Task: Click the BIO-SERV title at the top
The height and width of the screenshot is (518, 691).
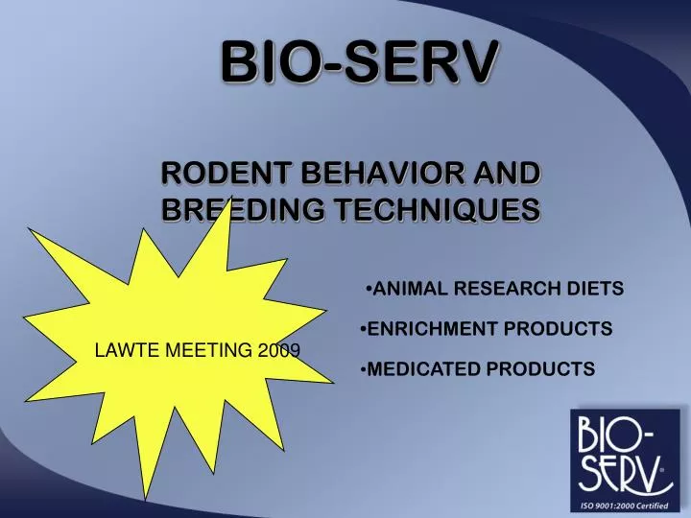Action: [360, 62]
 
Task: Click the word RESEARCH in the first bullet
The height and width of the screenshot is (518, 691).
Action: [508, 289]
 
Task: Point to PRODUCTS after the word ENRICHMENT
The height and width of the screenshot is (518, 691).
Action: [558, 329]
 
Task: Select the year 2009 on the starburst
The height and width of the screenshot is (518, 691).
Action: [279, 351]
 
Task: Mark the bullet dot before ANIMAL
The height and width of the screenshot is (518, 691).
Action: [369, 289]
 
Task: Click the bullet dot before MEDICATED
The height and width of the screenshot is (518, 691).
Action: [364, 369]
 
